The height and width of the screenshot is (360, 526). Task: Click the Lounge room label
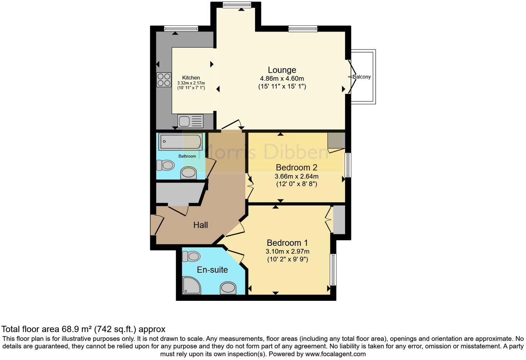pos(282,70)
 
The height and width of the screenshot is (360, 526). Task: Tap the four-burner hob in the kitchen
pos(164,79)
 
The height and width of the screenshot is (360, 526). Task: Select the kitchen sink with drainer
pos(190,121)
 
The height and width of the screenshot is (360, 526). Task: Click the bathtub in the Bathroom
pos(180,142)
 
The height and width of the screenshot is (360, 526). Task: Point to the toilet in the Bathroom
pos(165,165)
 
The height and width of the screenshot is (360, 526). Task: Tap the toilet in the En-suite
pos(191,256)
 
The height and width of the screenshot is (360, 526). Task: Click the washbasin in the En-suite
pos(228,287)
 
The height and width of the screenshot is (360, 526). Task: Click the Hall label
pos(200,225)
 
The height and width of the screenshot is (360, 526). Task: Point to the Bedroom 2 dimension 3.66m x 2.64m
pos(296,177)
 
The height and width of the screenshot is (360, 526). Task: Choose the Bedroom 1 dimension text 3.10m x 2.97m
pos(287,252)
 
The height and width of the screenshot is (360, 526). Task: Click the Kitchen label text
pos(191,78)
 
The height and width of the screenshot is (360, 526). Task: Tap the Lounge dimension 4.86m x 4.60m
pos(282,79)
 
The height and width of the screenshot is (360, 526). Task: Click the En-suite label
pos(212,270)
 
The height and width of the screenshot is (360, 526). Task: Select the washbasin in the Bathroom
pos(189,172)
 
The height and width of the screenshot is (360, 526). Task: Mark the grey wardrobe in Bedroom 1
pos(339,220)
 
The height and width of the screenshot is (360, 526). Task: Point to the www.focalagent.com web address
pos(335,354)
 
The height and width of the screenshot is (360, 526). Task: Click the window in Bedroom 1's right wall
pos(333,270)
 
